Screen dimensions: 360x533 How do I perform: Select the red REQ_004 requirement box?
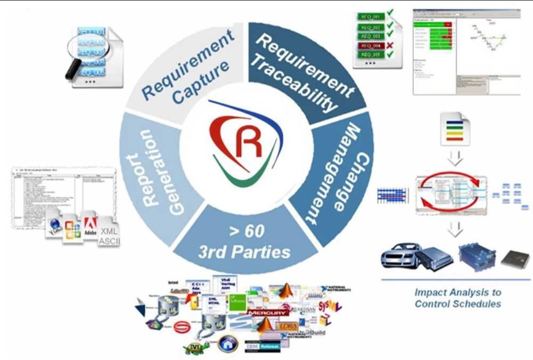372,46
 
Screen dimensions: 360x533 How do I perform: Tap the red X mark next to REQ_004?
390,45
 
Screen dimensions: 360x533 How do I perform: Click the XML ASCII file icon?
109,234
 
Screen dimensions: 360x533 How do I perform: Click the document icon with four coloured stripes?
454,129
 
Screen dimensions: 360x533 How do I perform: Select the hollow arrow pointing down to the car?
455,230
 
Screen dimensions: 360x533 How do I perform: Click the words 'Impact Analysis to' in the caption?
457,292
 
